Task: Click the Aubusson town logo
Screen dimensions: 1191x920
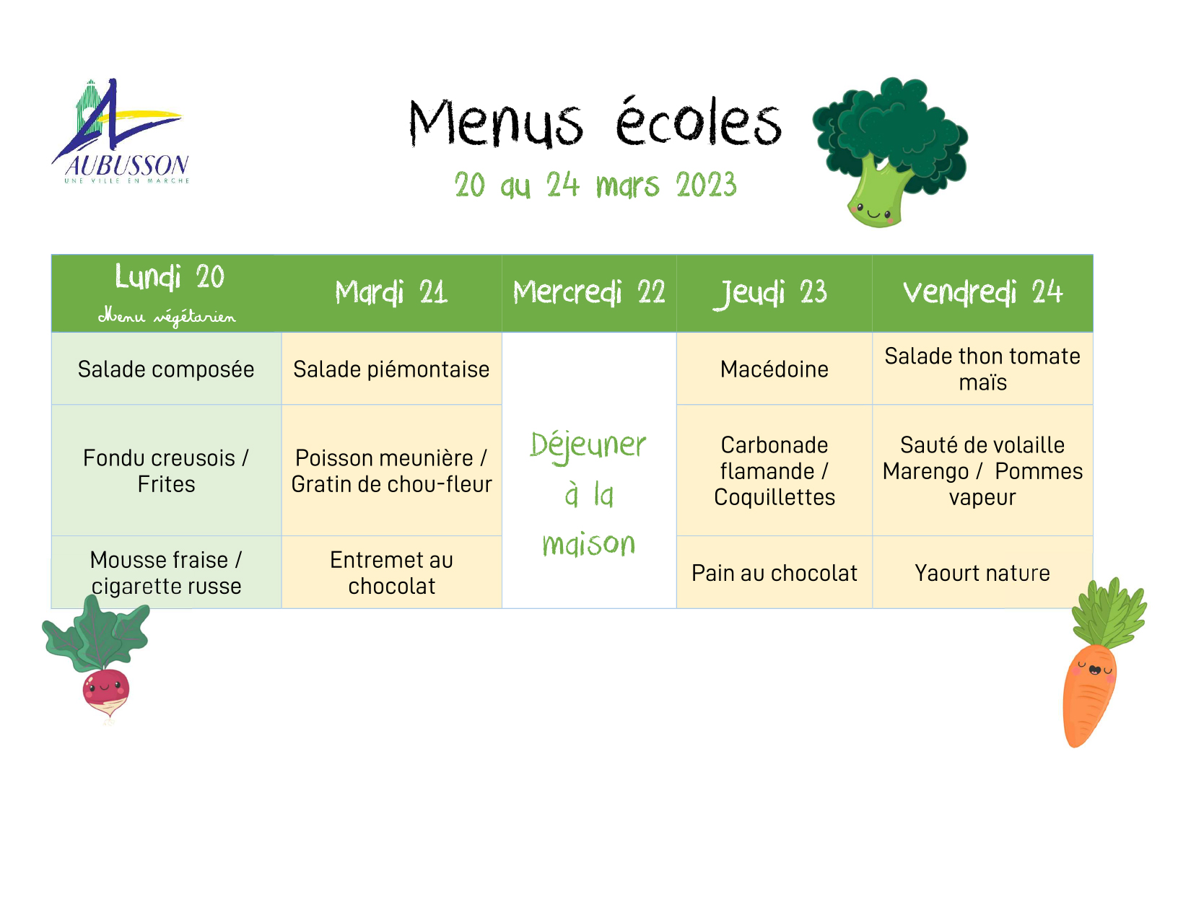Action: coord(121,131)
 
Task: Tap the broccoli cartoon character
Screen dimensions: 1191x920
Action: coord(889,152)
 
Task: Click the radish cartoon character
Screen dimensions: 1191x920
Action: coord(97,657)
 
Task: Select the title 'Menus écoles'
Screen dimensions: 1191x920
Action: coord(595,123)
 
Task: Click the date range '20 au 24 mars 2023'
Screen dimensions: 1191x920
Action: coord(595,185)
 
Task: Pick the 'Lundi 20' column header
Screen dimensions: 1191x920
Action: coord(170,276)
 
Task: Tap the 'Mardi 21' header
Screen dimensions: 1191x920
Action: coord(391,292)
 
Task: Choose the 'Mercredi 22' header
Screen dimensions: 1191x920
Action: coord(589,292)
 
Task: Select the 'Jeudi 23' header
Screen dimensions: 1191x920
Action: coord(770,293)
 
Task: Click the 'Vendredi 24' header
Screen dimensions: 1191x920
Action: coord(982,292)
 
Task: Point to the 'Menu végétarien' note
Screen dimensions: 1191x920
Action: coord(167,317)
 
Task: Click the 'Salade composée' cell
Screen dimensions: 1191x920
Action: coord(166,369)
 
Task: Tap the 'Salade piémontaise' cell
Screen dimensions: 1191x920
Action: coord(391,369)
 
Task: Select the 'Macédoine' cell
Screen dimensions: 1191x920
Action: coord(775,369)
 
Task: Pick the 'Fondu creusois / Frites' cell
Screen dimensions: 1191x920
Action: coord(166,471)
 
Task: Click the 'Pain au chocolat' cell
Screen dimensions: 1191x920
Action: coord(775,573)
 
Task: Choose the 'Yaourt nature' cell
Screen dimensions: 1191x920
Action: coord(982,573)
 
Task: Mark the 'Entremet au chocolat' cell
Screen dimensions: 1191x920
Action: coord(391,573)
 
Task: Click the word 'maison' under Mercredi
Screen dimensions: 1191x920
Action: coord(589,543)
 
